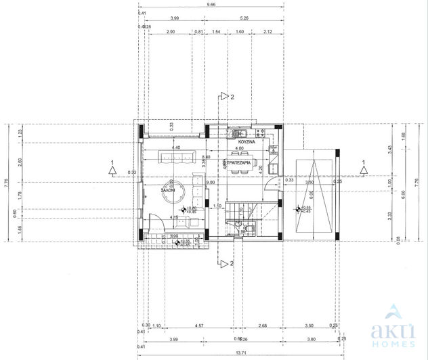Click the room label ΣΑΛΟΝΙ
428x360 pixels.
pyautogui.click(x=169, y=192)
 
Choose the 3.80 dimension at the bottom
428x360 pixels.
pyautogui.click(x=310, y=340)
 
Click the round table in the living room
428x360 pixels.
pyautogui.click(x=170, y=191)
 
